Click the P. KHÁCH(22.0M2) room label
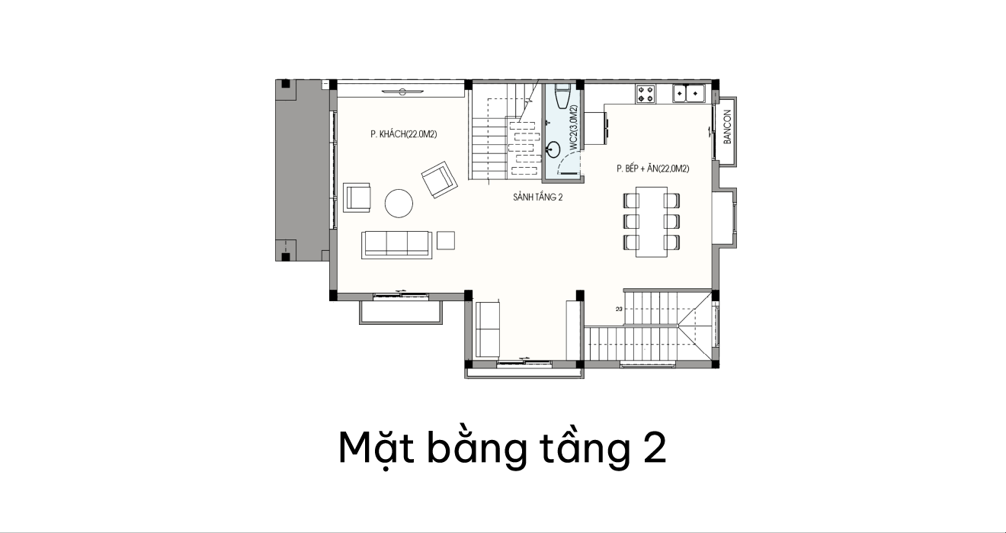[x=404, y=134]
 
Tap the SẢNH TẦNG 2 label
[x=537, y=197]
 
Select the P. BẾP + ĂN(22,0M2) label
[x=652, y=169]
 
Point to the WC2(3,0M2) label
[x=573, y=127]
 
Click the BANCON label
[x=728, y=127]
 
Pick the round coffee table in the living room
[x=399, y=203]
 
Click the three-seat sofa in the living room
[x=397, y=245]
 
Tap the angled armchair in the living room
[x=439, y=179]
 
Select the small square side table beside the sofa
[x=446, y=240]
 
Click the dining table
[x=651, y=222]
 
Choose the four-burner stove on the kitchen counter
[x=646, y=94]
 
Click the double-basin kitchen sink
[x=688, y=94]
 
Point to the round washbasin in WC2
[x=553, y=149]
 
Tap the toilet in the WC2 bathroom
[x=562, y=95]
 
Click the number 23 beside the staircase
[x=619, y=309]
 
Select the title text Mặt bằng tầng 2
[x=502, y=448]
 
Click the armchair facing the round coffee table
[x=357, y=197]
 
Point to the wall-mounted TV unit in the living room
[x=402, y=92]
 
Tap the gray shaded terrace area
[x=302, y=171]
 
